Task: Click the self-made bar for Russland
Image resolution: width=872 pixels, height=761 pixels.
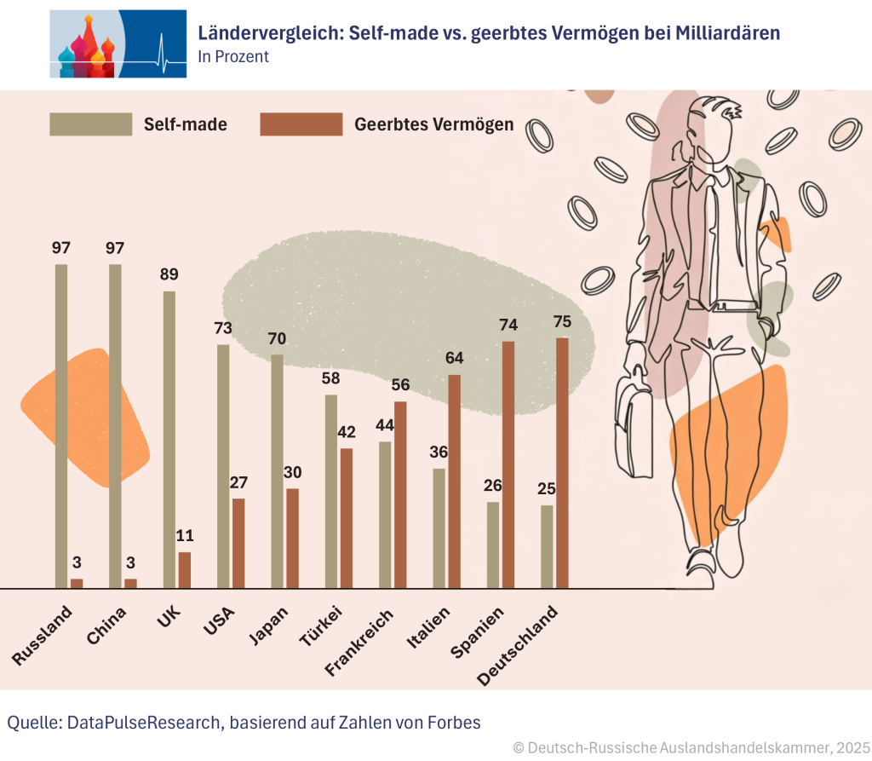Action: tap(61, 426)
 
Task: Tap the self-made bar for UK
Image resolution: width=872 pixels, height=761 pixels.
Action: tap(169, 440)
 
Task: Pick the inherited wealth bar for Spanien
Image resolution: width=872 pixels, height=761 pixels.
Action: tap(508, 464)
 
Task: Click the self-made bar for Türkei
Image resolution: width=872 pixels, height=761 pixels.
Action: tap(331, 491)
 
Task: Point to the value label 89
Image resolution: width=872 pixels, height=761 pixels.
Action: tap(169, 274)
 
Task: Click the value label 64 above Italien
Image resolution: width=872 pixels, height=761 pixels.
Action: tap(454, 358)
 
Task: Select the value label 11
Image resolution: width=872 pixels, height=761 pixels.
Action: tap(184, 536)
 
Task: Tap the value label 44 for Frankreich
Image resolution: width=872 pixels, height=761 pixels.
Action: tap(385, 425)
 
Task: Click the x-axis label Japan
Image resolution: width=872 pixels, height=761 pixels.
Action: tap(269, 626)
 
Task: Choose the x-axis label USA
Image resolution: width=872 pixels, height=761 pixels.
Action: tap(220, 622)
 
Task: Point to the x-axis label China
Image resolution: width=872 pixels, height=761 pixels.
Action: tap(107, 626)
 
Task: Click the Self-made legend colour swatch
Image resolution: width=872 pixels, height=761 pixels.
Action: tap(91, 124)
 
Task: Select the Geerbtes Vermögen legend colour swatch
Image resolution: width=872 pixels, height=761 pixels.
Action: tap(301, 124)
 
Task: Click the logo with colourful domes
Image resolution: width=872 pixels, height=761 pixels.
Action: tap(118, 44)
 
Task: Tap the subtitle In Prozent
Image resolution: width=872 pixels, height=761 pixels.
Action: tap(232, 57)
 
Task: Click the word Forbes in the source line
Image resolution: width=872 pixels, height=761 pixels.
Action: tap(451, 723)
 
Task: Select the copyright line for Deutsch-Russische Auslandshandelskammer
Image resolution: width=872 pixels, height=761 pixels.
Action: tap(691, 747)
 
